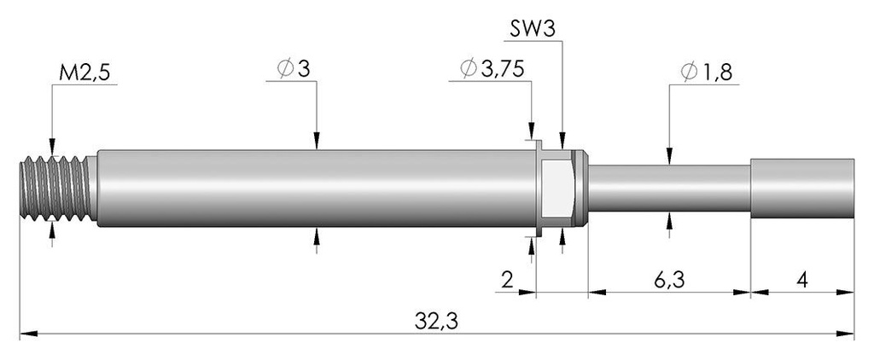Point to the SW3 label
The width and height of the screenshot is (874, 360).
click(x=533, y=29)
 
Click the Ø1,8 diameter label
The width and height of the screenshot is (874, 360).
click(x=706, y=72)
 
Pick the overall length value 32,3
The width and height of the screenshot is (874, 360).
click(x=436, y=322)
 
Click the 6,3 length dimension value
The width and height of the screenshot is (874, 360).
click(x=669, y=280)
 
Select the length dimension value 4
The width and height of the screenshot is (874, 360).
click(x=802, y=280)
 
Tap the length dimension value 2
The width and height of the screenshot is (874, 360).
click(x=507, y=280)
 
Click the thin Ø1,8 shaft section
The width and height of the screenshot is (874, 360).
click(x=669, y=189)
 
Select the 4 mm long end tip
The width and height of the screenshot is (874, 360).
click(x=802, y=189)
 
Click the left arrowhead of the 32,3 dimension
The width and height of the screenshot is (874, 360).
click(x=28, y=334)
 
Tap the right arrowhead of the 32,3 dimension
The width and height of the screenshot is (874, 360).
click(x=845, y=334)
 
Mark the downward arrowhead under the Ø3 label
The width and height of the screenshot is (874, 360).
click(x=317, y=141)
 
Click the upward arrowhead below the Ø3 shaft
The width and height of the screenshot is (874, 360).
click(x=317, y=235)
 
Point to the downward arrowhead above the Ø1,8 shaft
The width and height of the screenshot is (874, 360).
click(x=669, y=156)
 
